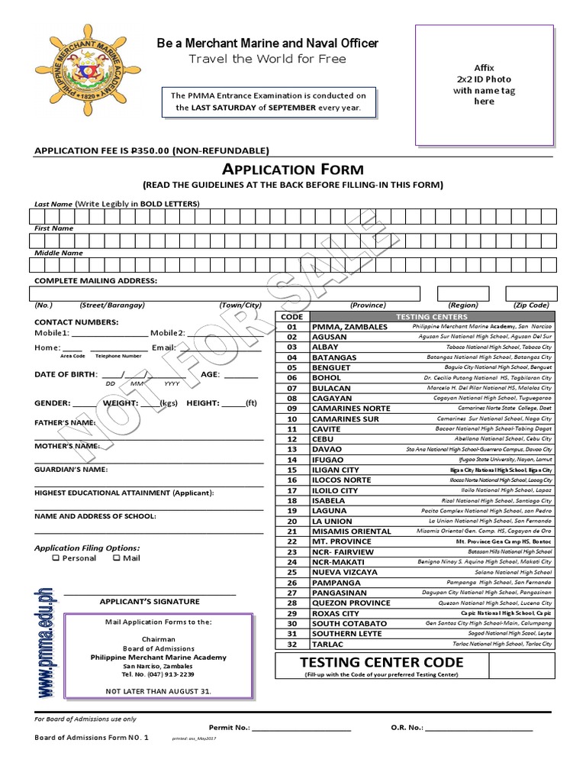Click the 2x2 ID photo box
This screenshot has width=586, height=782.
(x=484, y=85)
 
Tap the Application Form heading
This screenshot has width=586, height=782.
(x=292, y=170)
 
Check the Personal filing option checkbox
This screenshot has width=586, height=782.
(x=56, y=558)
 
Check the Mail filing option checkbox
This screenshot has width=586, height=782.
(x=117, y=558)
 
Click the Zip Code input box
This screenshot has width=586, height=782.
(x=531, y=293)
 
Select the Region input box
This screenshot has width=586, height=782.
(x=462, y=293)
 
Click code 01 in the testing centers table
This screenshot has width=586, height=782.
(x=291, y=327)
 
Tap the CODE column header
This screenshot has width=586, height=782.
(x=291, y=316)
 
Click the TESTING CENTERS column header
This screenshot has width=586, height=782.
(x=431, y=316)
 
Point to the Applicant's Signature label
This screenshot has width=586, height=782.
(x=150, y=602)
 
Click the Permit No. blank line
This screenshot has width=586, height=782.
(x=301, y=727)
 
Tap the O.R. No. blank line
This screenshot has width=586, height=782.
(x=478, y=727)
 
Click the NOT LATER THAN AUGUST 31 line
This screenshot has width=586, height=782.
(x=158, y=691)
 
